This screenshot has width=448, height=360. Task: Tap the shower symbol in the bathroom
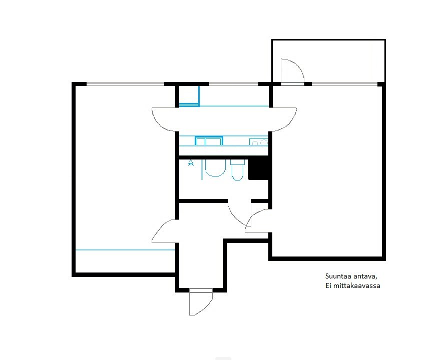pos(191,163)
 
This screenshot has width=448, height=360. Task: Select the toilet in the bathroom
pos(237,170)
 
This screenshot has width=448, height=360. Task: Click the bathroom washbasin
pos(215,168)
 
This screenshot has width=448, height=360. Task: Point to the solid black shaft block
pos(258,169)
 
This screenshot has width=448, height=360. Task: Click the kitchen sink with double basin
pos(209,141)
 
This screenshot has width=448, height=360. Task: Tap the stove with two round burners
pos(259,142)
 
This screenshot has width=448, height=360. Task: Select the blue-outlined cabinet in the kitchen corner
pos(189,96)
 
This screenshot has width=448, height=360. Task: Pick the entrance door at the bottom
pos(201,302)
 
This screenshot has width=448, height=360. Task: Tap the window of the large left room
pos(126,84)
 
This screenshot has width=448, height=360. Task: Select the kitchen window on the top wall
pos(234,84)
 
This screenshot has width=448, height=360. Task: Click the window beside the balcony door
pos(344,84)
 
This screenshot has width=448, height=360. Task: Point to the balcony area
pos(328,61)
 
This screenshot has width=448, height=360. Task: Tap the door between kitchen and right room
pos(283,119)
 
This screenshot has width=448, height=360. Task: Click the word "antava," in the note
pos(365,276)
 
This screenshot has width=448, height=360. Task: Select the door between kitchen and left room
pos(164,119)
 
